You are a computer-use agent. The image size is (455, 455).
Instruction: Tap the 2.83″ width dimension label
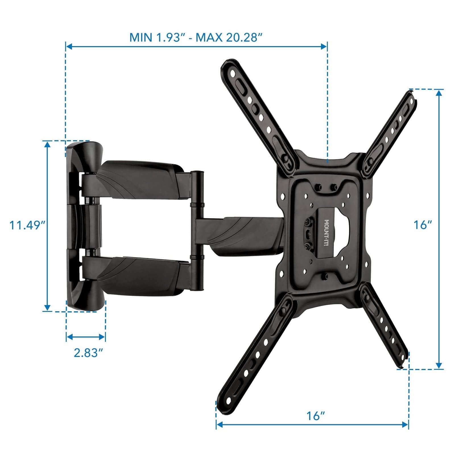[88, 353]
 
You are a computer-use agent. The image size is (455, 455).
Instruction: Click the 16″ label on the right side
[423, 225]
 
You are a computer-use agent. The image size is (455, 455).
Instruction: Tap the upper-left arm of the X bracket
[256, 111]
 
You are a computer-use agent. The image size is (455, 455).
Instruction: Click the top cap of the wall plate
[84, 154]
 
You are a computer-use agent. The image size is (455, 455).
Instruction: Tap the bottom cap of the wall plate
[84, 301]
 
